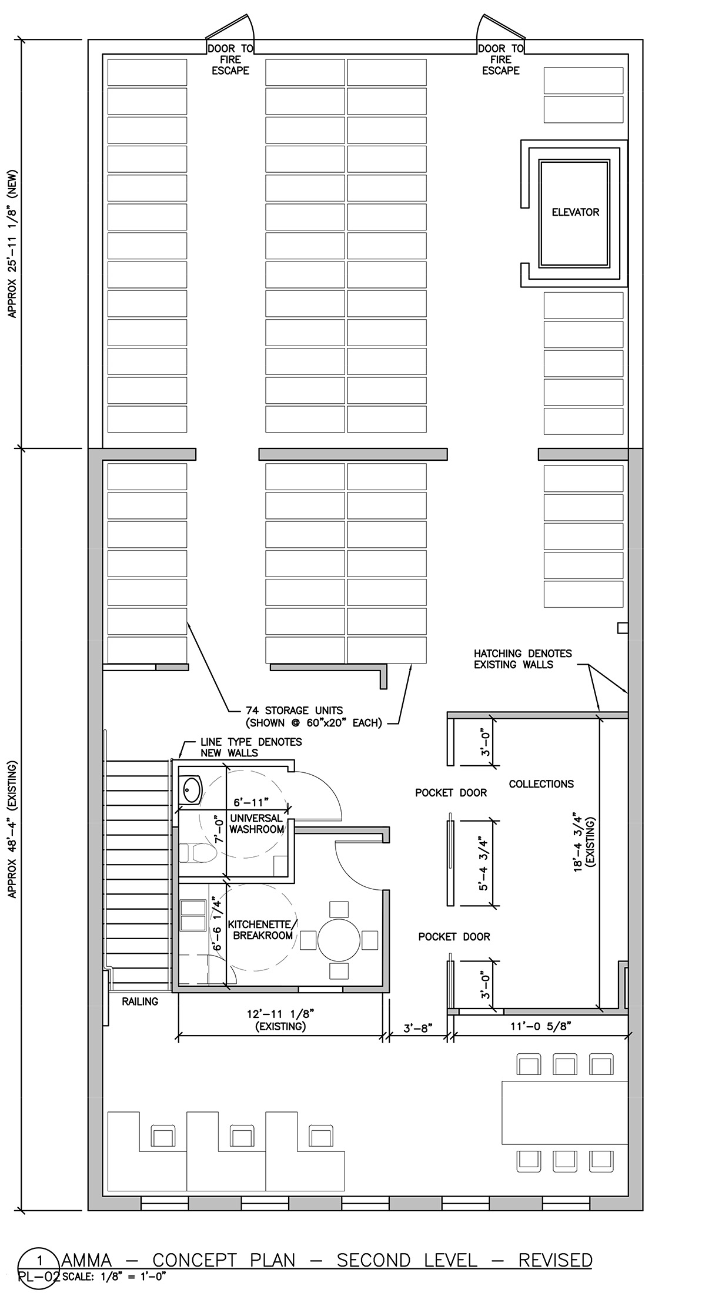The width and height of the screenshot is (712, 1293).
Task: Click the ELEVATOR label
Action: click(575, 212)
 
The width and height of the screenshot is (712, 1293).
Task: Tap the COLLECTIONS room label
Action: click(541, 783)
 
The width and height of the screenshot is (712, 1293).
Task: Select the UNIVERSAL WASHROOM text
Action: click(256, 823)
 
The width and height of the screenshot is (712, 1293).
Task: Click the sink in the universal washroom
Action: click(191, 789)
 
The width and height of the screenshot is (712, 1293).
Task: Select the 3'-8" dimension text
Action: click(418, 1028)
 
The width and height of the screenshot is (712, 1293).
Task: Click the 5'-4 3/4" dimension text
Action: click(483, 863)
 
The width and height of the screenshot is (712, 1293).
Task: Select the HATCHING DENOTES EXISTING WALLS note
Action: click(523, 659)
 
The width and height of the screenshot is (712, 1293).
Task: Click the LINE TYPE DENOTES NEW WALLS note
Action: click(251, 747)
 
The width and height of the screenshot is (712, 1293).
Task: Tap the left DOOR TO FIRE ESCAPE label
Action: click(230, 59)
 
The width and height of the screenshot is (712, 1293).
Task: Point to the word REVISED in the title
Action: click(556, 1261)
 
